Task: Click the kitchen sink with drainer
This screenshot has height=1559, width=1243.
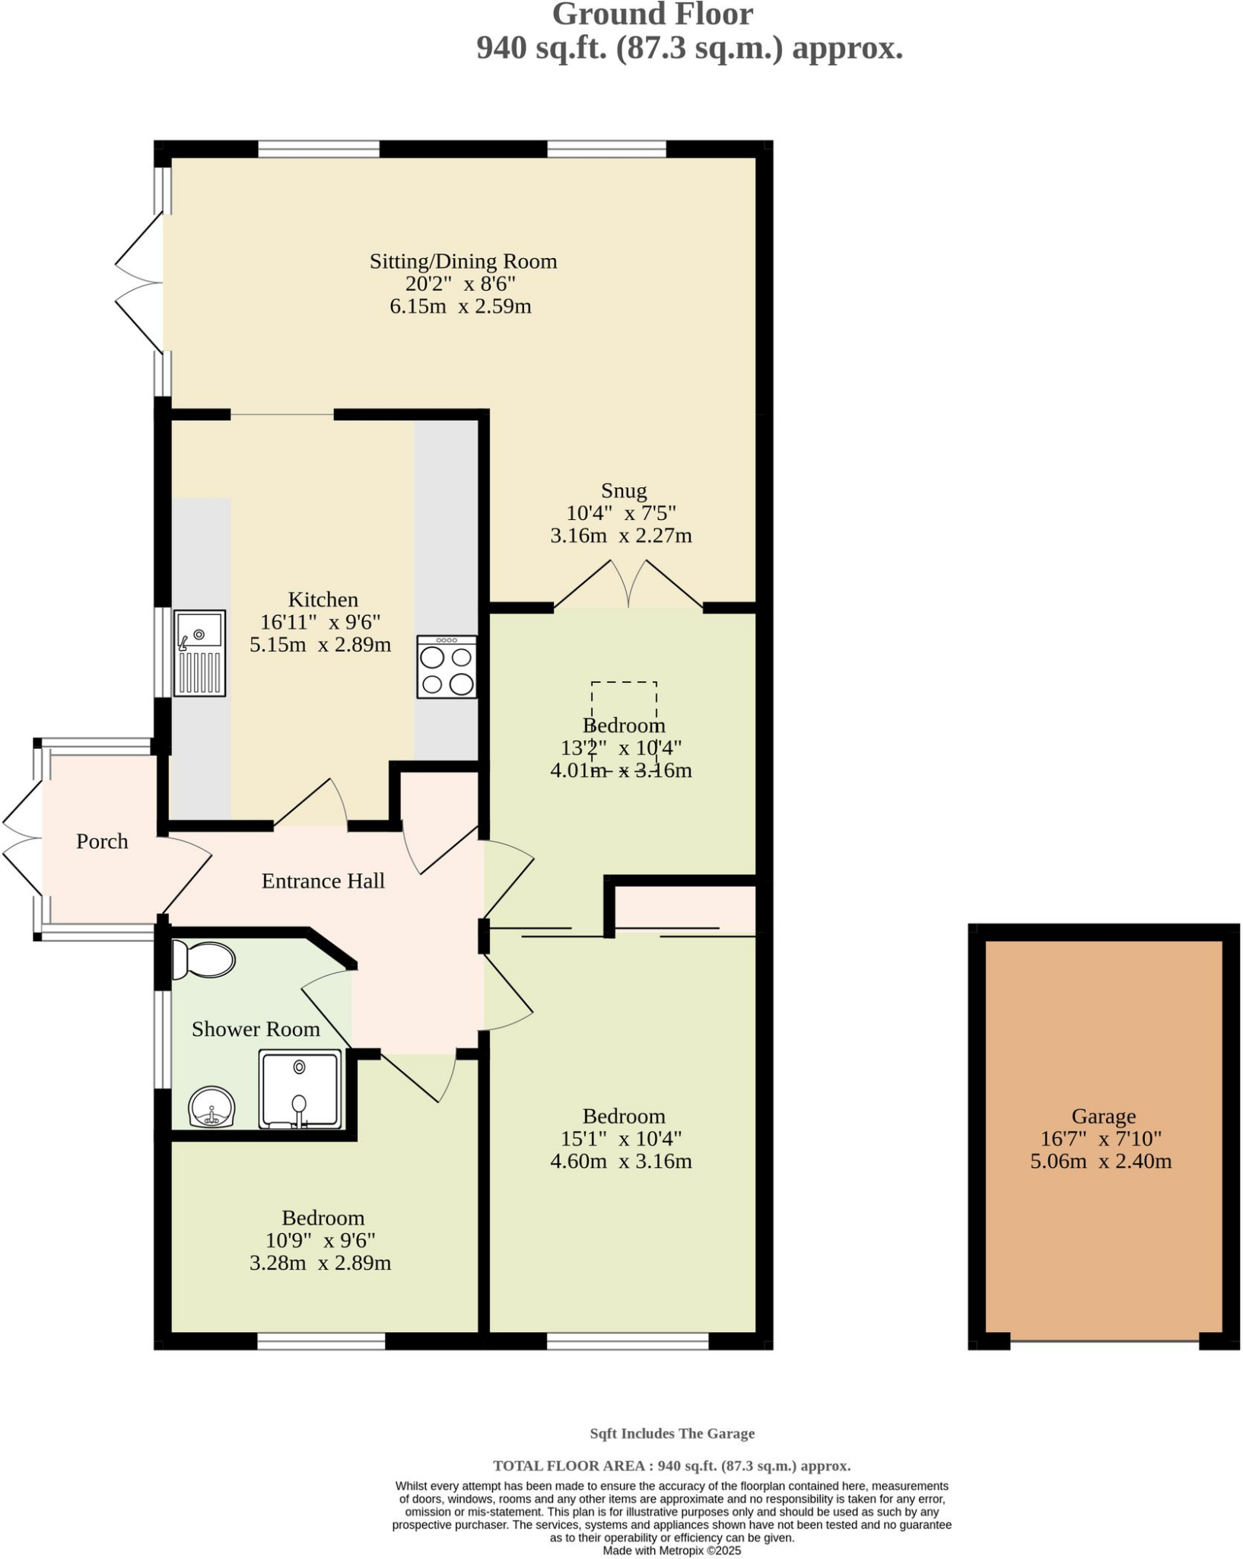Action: pyautogui.click(x=199, y=652)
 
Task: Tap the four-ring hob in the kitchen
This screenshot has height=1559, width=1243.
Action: pyautogui.click(x=447, y=667)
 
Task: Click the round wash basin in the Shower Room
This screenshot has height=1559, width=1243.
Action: pyautogui.click(x=211, y=1108)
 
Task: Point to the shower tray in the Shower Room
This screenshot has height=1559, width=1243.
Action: pyautogui.click(x=300, y=1089)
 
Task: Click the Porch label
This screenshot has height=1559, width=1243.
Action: pyautogui.click(x=102, y=841)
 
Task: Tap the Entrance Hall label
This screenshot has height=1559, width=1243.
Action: pyautogui.click(x=323, y=881)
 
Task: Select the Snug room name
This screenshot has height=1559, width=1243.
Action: pyautogui.click(x=624, y=490)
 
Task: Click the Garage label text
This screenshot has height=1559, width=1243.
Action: pyautogui.click(x=1103, y=1116)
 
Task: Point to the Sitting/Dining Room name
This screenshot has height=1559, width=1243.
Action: pyautogui.click(x=463, y=261)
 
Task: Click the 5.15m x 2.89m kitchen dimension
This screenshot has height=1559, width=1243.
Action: pyautogui.click(x=320, y=645)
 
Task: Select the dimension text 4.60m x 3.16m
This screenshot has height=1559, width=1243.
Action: pyautogui.click(x=621, y=1161)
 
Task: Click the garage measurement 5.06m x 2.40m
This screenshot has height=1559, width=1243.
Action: pyautogui.click(x=1101, y=1161)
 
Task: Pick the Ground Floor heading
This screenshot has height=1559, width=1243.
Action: pyautogui.click(x=652, y=14)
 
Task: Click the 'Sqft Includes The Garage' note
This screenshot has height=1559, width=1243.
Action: pyautogui.click(x=672, y=1433)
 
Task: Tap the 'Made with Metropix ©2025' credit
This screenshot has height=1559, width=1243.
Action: pyautogui.click(x=672, y=1551)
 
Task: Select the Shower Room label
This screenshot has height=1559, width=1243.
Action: pyautogui.click(x=256, y=1029)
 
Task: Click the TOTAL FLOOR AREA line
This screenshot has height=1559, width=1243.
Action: pyautogui.click(x=672, y=1465)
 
